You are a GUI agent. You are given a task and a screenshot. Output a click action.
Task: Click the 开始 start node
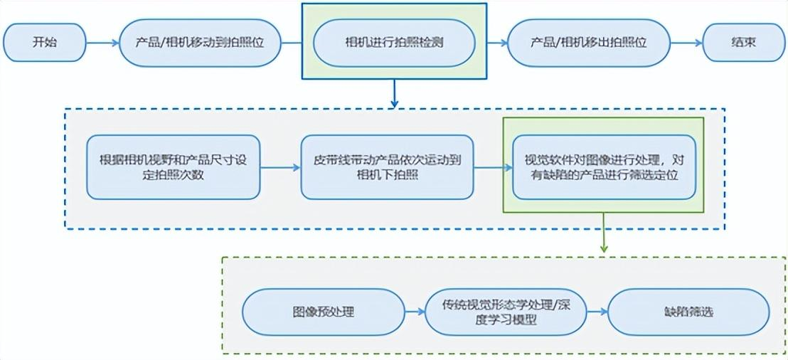point(44,42)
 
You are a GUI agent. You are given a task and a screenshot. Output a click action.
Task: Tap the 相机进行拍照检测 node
point(394,43)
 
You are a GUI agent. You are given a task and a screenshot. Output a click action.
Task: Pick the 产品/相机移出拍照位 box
point(589,43)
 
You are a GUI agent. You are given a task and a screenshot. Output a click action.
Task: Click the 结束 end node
point(744,42)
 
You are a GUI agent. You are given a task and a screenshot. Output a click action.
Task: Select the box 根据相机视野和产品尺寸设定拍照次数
point(174,167)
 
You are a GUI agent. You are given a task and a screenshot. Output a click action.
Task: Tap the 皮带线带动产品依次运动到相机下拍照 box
point(388,167)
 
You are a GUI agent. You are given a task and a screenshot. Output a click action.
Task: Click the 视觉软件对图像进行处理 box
point(604,167)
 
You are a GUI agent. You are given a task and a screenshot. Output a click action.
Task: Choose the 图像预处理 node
point(323,312)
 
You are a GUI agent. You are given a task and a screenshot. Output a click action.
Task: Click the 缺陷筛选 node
point(688,312)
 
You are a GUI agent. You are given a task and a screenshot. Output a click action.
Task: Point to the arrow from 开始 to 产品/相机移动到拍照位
point(102,43)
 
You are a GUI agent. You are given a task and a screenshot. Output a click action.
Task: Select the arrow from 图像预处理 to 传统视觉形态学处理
point(414,312)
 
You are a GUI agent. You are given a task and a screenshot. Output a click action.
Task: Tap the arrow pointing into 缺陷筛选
point(597,312)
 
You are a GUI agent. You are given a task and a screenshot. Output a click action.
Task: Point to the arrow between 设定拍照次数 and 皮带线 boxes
point(280,168)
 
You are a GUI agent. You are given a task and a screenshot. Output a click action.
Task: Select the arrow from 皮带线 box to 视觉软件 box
point(494,168)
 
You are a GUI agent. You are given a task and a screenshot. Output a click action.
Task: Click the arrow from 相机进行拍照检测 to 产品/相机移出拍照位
point(491,43)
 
